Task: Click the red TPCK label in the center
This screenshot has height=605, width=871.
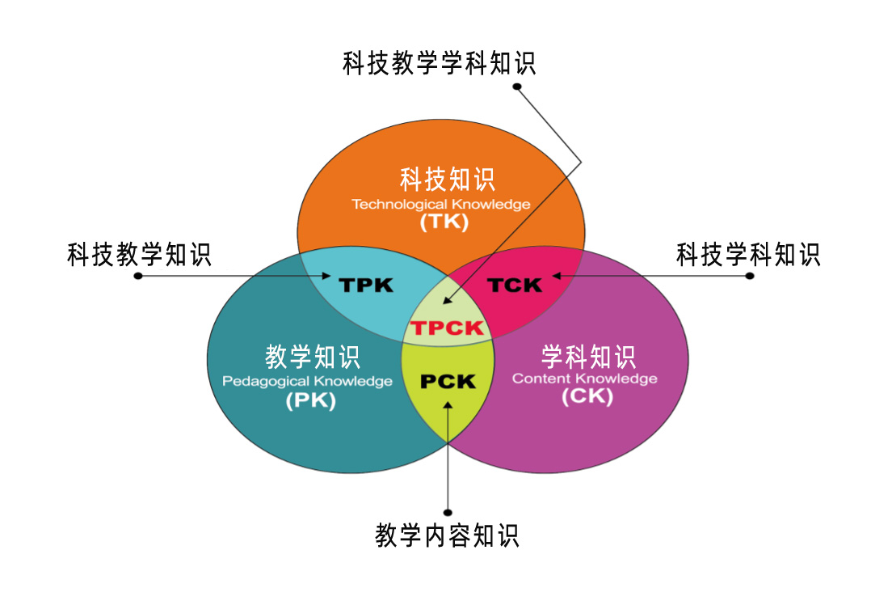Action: coord(447,328)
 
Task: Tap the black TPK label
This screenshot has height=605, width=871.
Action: coord(366,285)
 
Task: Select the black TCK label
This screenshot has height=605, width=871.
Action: coord(515,285)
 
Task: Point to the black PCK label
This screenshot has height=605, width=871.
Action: coord(448,381)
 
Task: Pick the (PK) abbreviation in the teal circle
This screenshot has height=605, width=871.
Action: coord(310,400)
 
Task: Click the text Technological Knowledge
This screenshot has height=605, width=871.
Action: coord(441,204)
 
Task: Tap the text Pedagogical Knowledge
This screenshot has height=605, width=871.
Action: coord(307,381)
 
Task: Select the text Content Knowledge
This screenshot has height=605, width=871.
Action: coord(584,379)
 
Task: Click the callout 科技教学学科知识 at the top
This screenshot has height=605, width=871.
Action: coord(440,63)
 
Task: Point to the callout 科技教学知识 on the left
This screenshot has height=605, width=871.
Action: coord(139,256)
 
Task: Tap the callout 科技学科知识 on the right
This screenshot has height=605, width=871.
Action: coord(748,256)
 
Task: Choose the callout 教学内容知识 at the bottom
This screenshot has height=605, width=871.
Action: coord(448,535)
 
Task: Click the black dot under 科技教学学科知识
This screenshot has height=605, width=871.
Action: coord(518,86)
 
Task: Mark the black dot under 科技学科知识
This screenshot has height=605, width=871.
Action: coord(750,276)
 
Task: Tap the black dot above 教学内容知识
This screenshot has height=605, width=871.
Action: coord(448,512)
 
